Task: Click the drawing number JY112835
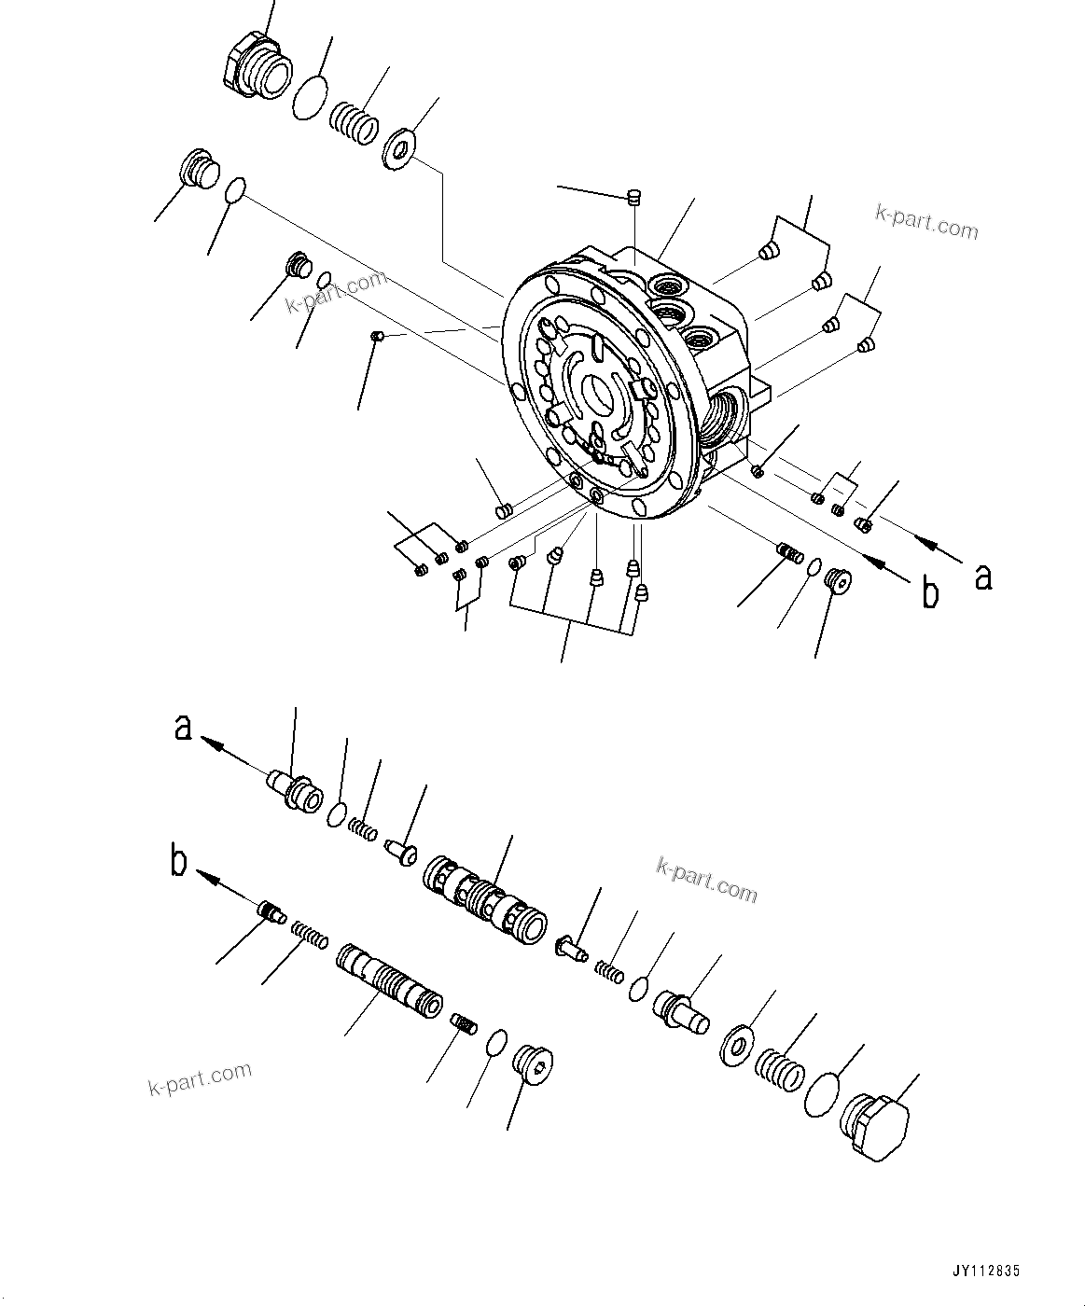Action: tap(986, 1271)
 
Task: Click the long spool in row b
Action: tap(387, 983)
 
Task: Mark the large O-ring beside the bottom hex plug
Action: tap(821, 1092)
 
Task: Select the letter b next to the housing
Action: tap(930, 592)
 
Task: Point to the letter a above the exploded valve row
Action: tap(184, 726)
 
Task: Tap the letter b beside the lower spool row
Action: tap(179, 863)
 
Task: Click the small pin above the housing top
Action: tap(633, 197)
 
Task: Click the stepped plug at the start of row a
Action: tap(295, 790)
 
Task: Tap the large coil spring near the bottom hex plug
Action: tap(779, 1069)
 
